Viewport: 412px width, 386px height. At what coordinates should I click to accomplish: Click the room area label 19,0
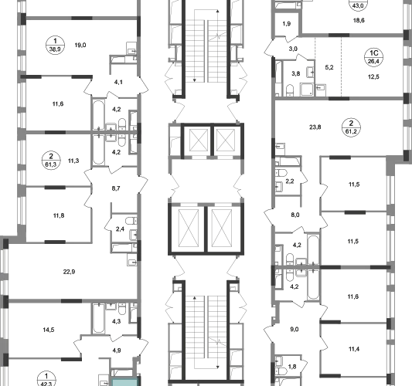(x=80, y=45)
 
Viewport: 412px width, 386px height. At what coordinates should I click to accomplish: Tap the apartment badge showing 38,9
(x=55, y=45)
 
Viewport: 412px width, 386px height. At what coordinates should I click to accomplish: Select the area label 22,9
(x=69, y=272)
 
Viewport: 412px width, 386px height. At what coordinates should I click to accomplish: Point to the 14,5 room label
(x=49, y=330)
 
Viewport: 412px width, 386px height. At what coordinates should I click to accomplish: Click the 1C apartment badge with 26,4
(x=373, y=57)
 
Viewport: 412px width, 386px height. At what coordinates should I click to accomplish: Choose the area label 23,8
(x=315, y=127)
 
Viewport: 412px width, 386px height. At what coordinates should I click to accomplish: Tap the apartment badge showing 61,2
(x=351, y=127)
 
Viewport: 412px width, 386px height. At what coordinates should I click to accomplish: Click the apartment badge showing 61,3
(x=51, y=161)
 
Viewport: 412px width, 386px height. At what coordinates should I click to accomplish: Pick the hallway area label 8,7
(x=116, y=188)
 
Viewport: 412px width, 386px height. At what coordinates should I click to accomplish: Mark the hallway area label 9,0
(x=295, y=330)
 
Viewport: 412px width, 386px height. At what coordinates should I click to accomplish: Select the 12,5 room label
(x=373, y=77)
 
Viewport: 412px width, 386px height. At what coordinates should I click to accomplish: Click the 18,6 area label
(x=359, y=21)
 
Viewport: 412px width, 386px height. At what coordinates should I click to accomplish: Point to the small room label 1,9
(x=287, y=24)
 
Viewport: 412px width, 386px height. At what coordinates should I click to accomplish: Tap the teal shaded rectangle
(x=125, y=382)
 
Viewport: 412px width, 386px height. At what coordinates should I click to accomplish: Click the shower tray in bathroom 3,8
(x=307, y=90)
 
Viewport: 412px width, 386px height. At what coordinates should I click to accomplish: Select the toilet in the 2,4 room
(x=131, y=221)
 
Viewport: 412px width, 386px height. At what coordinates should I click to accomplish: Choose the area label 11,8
(x=59, y=215)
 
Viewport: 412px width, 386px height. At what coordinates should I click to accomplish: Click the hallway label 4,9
(x=117, y=350)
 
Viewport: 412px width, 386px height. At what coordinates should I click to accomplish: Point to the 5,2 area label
(x=329, y=67)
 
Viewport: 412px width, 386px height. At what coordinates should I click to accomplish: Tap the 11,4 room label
(x=354, y=349)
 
